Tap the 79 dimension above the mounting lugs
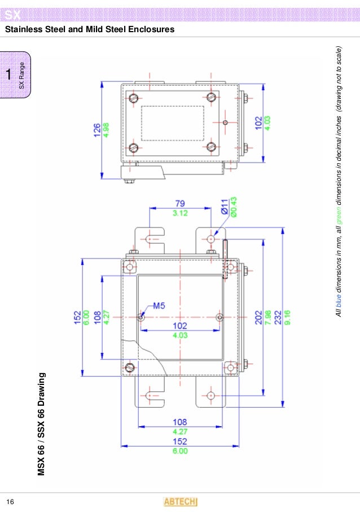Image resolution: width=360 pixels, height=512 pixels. tap(180, 204)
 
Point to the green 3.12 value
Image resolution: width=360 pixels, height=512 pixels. tap(180, 213)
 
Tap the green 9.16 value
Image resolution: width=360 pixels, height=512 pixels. tap(287, 317)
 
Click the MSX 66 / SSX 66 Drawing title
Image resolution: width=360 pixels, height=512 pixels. tap(41, 423)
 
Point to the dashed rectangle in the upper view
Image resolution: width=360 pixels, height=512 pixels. tap(172, 123)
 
